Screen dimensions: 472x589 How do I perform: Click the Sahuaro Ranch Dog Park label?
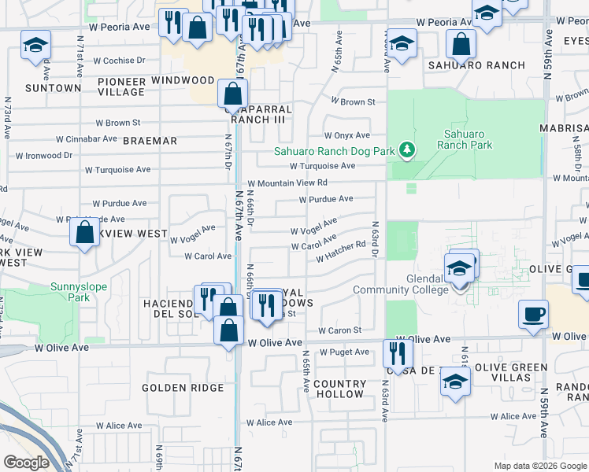(x=333, y=152)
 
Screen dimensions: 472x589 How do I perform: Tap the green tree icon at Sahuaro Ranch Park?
(x=407, y=149)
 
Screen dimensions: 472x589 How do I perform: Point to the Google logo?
(x=26, y=463)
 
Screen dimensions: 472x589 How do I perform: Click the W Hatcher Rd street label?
(x=341, y=252)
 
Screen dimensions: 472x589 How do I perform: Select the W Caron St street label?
(x=339, y=330)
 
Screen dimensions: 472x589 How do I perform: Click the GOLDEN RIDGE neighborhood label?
(x=183, y=388)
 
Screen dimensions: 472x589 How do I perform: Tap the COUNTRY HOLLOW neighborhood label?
(x=338, y=389)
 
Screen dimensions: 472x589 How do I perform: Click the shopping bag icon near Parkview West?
(x=84, y=233)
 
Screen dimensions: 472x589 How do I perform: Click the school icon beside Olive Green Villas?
(x=454, y=383)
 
